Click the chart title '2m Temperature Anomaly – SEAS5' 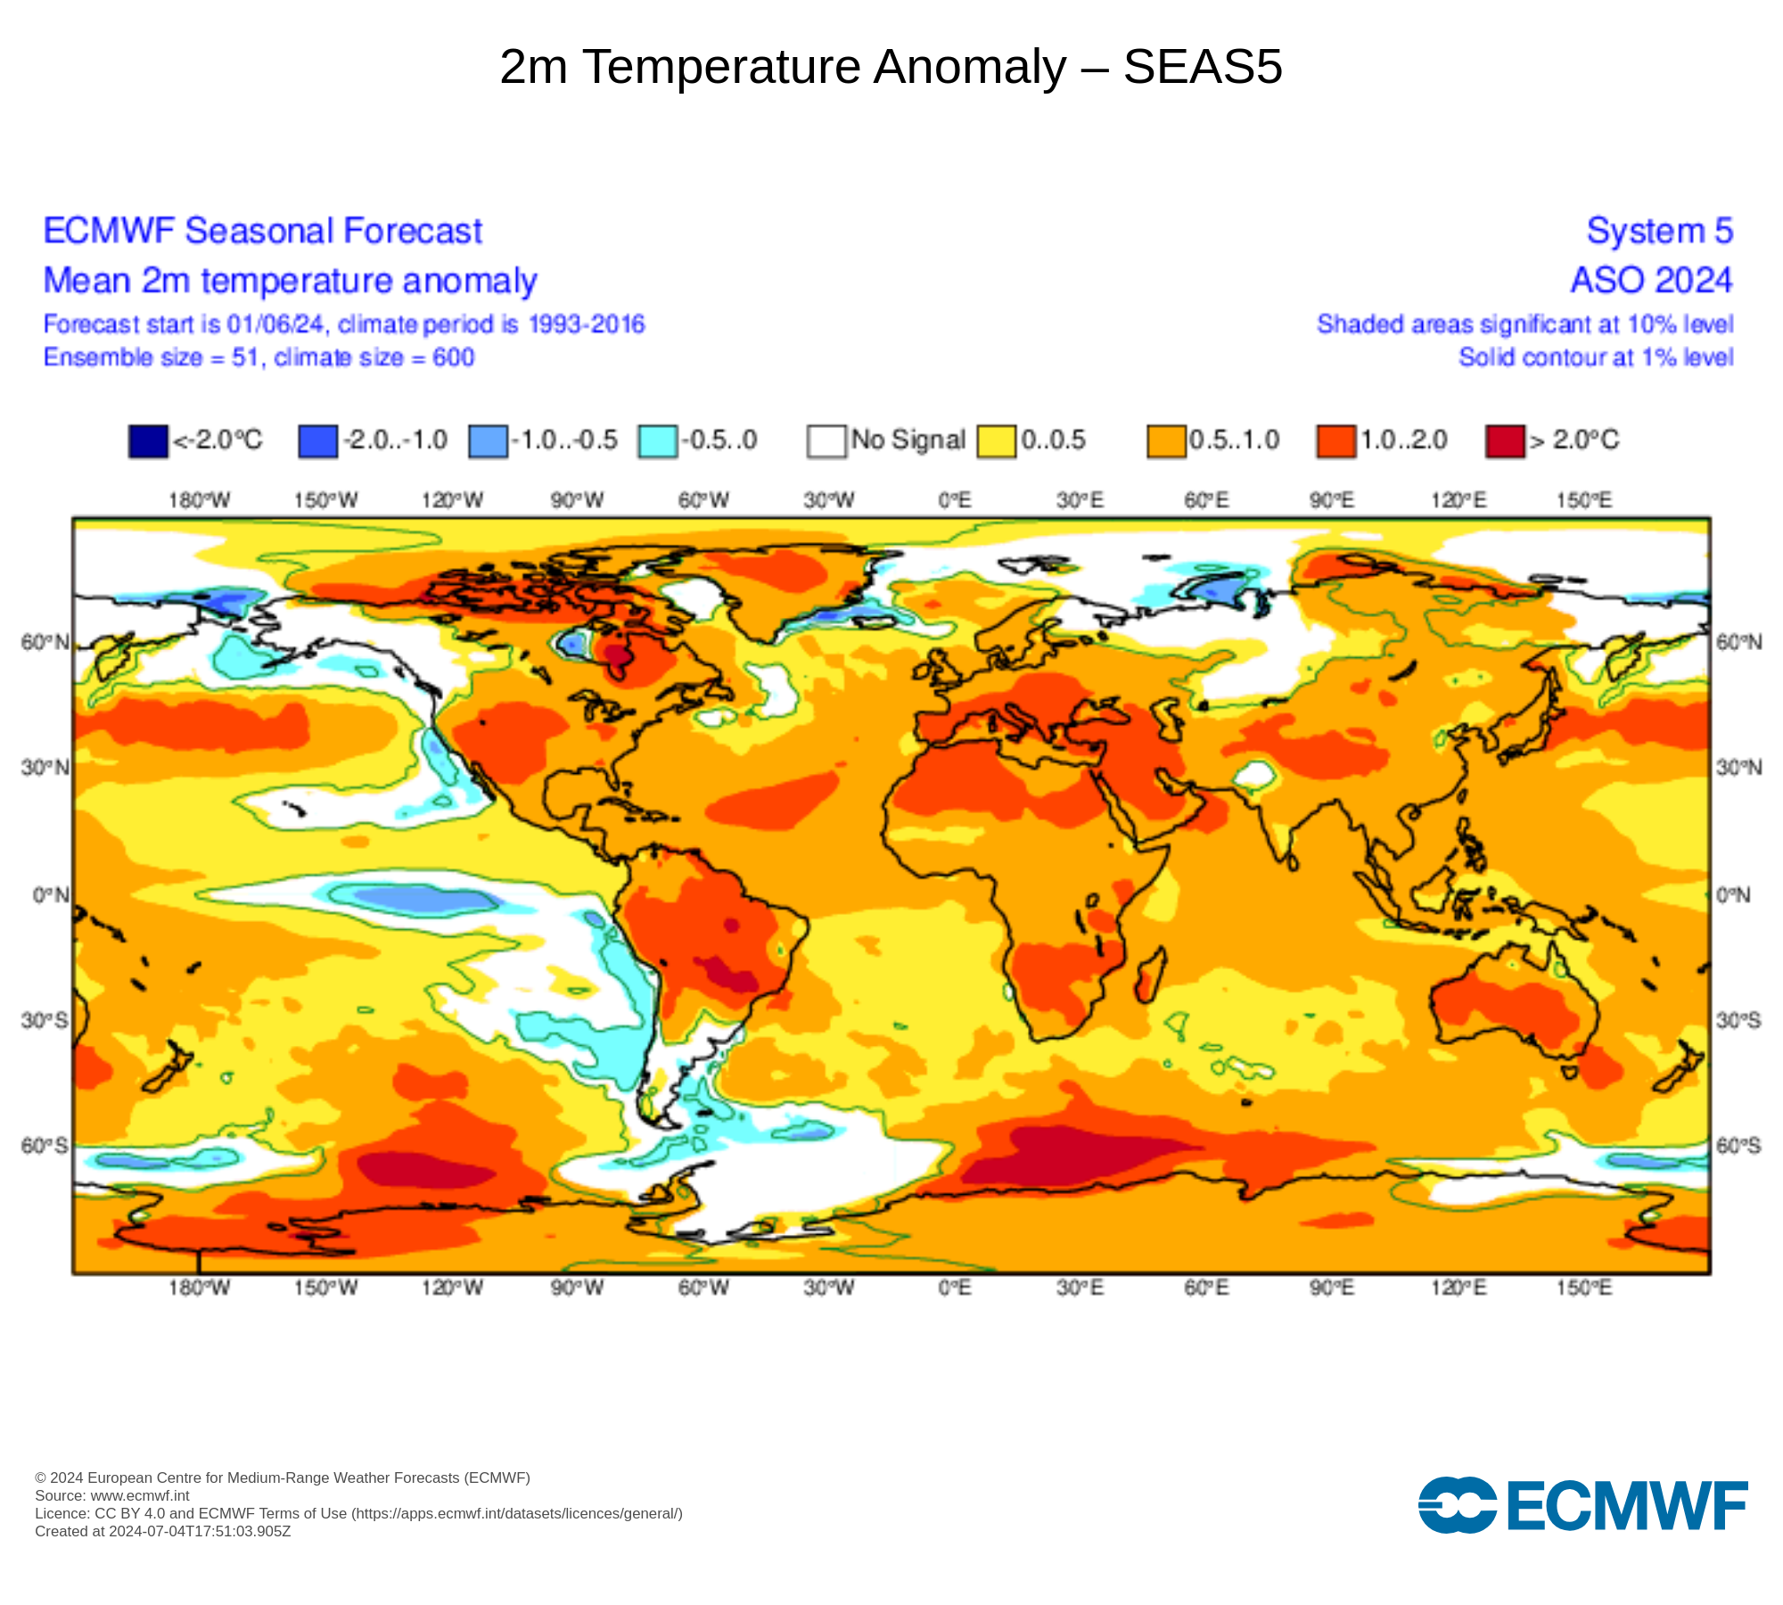pos(891,67)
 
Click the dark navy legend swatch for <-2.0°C pos(148,441)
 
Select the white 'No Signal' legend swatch pos(826,441)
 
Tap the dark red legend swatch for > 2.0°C pos(1505,441)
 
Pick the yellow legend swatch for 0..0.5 pos(996,441)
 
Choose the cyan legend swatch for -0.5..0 pos(657,441)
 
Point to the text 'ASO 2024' pos(1651,280)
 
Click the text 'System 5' pos(1659,231)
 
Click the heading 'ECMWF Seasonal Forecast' pos(263,231)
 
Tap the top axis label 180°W pos(199,500)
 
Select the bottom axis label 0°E pos(955,1288)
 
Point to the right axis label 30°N pos(1738,768)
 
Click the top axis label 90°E pos(1332,500)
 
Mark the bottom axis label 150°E pos(1584,1288)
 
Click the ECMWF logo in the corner pos(1583,1506)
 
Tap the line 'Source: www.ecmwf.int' pos(112,1496)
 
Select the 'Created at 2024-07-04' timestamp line pos(163,1532)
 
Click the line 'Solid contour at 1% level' pos(1596,358)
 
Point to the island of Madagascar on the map pos(1150,975)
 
